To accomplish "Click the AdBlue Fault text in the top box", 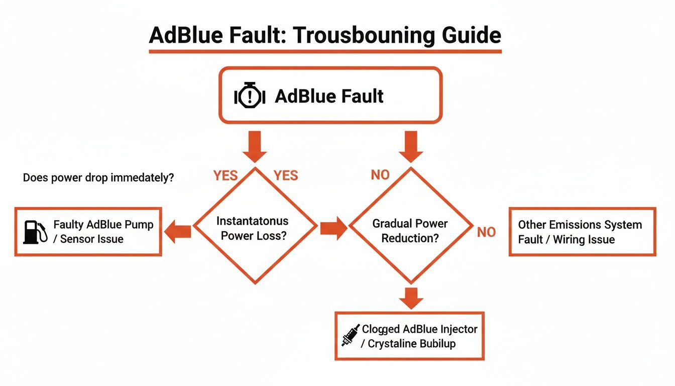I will [x=329, y=95].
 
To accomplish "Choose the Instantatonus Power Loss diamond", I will [x=255, y=228].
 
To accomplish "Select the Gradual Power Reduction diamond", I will [x=410, y=231].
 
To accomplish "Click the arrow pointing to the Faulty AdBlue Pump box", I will [x=179, y=232].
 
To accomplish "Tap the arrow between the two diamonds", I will [x=333, y=229].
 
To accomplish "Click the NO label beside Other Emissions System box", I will [x=486, y=232].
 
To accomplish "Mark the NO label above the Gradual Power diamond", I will [x=380, y=175].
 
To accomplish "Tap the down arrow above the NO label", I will [x=411, y=145].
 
